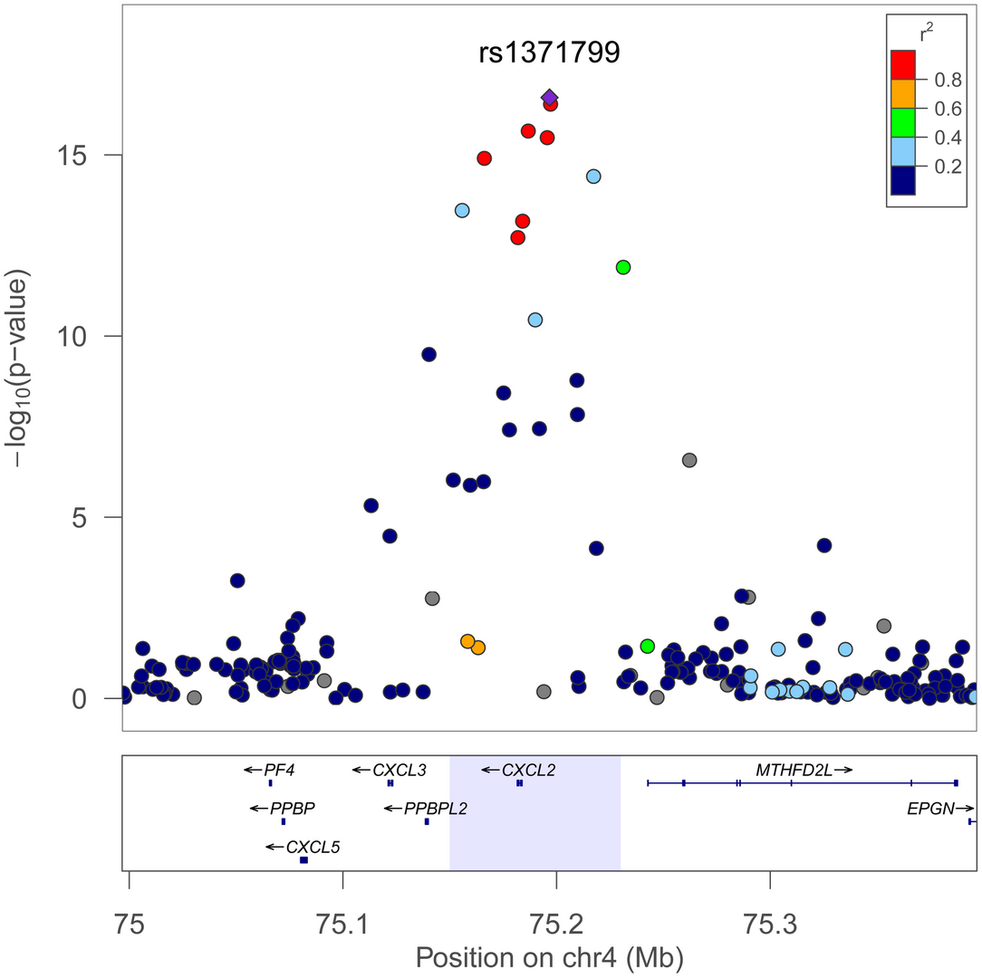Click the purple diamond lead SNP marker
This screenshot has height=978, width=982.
point(550,97)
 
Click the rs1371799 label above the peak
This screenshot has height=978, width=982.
point(549,53)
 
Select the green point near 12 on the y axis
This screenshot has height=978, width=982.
point(623,267)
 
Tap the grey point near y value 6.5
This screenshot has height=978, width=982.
point(689,460)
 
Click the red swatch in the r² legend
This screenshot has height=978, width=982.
point(903,64)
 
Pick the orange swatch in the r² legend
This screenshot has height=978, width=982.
point(903,93)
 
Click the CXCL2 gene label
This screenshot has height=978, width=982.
point(528,770)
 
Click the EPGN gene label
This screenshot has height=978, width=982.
point(930,809)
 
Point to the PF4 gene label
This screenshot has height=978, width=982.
point(279,770)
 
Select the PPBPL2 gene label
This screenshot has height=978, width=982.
point(436,809)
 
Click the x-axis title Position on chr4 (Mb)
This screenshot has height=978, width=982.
point(549,956)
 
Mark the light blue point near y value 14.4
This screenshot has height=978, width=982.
point(593,176)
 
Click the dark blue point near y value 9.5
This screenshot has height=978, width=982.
point(429,354)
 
